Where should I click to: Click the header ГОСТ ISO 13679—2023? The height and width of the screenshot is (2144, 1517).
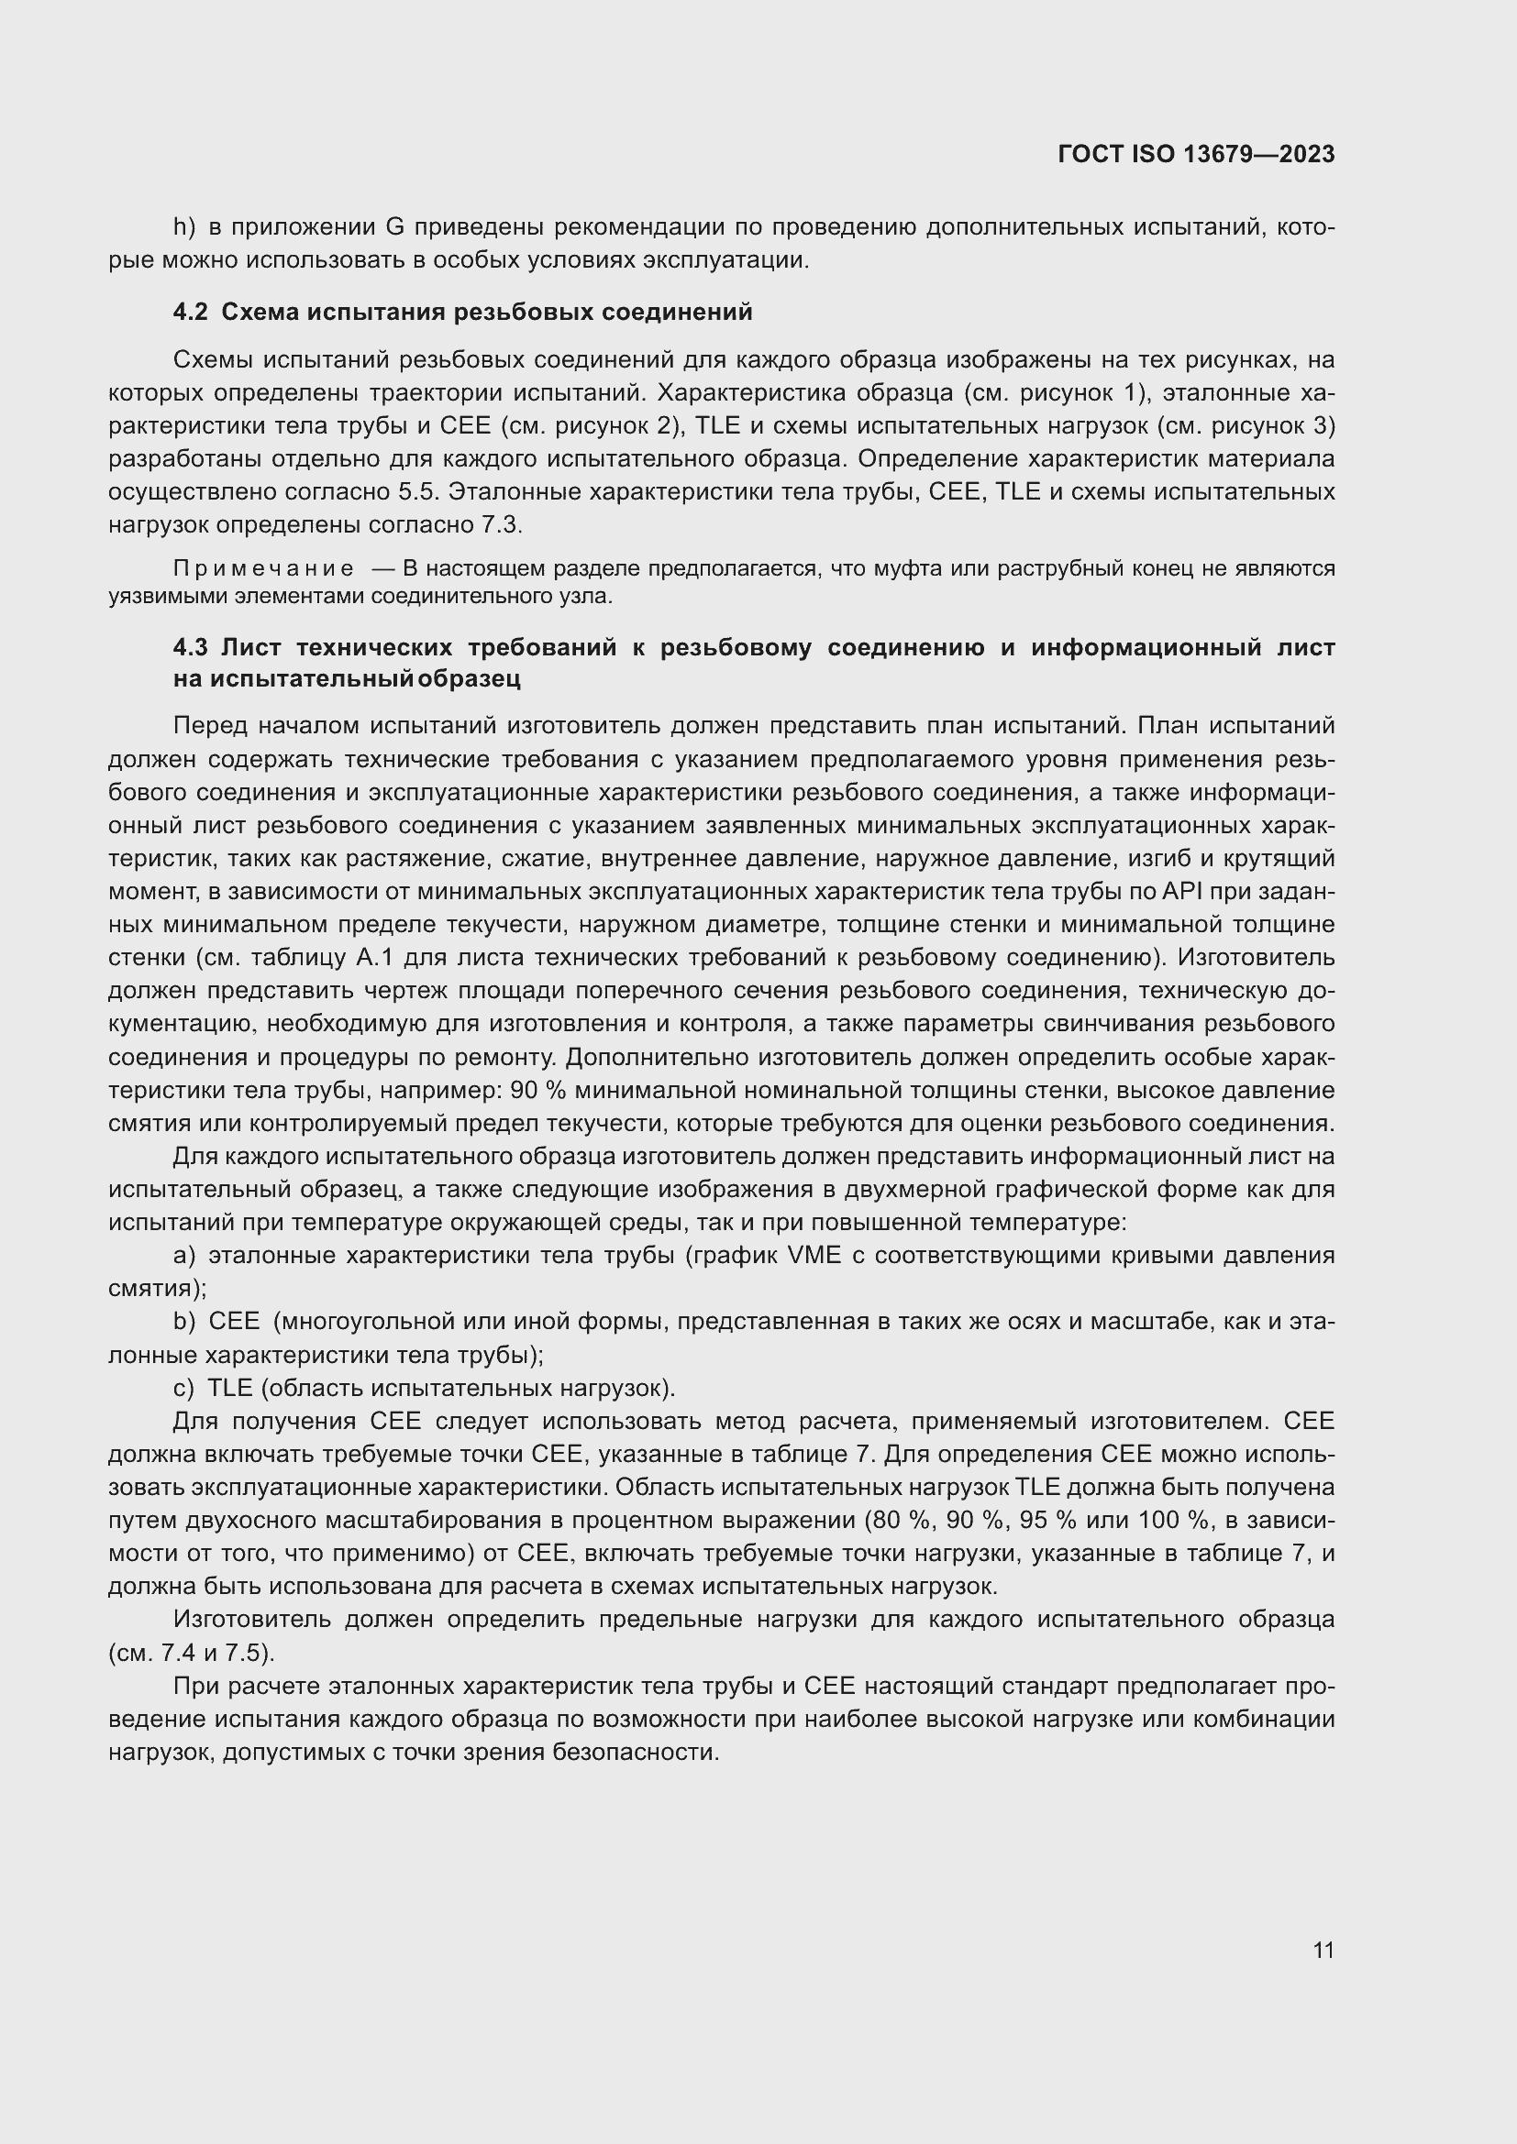[1196, 154]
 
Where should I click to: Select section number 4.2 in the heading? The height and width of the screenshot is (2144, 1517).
[190, 312]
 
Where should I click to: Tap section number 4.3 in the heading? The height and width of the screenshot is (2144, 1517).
[190, 647]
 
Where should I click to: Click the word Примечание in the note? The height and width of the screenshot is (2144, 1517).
[263, 568]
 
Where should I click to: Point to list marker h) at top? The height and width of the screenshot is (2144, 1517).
[184, 227]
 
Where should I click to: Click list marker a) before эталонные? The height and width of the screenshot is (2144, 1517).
[184, 1255]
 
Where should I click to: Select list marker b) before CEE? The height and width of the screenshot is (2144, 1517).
[184, 1322]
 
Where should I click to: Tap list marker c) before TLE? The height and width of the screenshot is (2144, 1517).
[184, 1388]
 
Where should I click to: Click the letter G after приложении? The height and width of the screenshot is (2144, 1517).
[393, 227]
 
